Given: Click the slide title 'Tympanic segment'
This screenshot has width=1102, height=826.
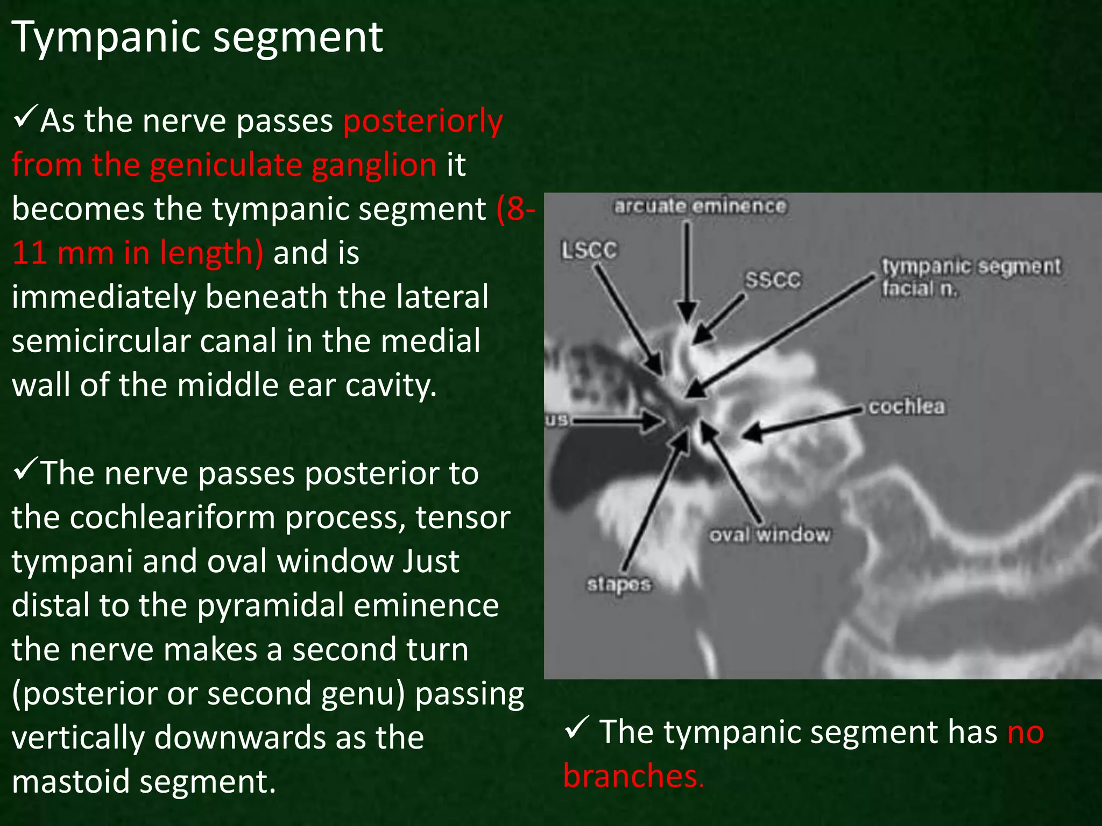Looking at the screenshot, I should (x=197, y=38).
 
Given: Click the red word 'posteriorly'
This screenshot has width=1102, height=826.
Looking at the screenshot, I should (x=423, y=121).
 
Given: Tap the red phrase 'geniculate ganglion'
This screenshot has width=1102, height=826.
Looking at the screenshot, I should (x=293, y=165).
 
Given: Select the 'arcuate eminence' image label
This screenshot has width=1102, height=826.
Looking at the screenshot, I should (x=700, y=206).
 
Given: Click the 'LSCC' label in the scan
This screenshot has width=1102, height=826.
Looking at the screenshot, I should (x=589, y=251).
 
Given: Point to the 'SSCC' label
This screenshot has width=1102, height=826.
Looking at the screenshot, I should (x=773, y=280).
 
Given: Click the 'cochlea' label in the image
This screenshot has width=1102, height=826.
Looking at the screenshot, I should (x=907, y=407).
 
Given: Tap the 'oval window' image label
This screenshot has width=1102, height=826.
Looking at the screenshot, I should (x=769, y=535).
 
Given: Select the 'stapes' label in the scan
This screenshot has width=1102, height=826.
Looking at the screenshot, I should (x=619, y=585).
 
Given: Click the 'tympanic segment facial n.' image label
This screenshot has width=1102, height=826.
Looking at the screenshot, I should (x=971, y=277).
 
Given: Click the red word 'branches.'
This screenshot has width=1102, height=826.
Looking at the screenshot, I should (x=633, y=776).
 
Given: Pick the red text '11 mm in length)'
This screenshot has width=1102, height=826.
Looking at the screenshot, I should (x=138, y=253).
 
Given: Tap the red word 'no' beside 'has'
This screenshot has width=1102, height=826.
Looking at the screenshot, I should (x=1025, y=733).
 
